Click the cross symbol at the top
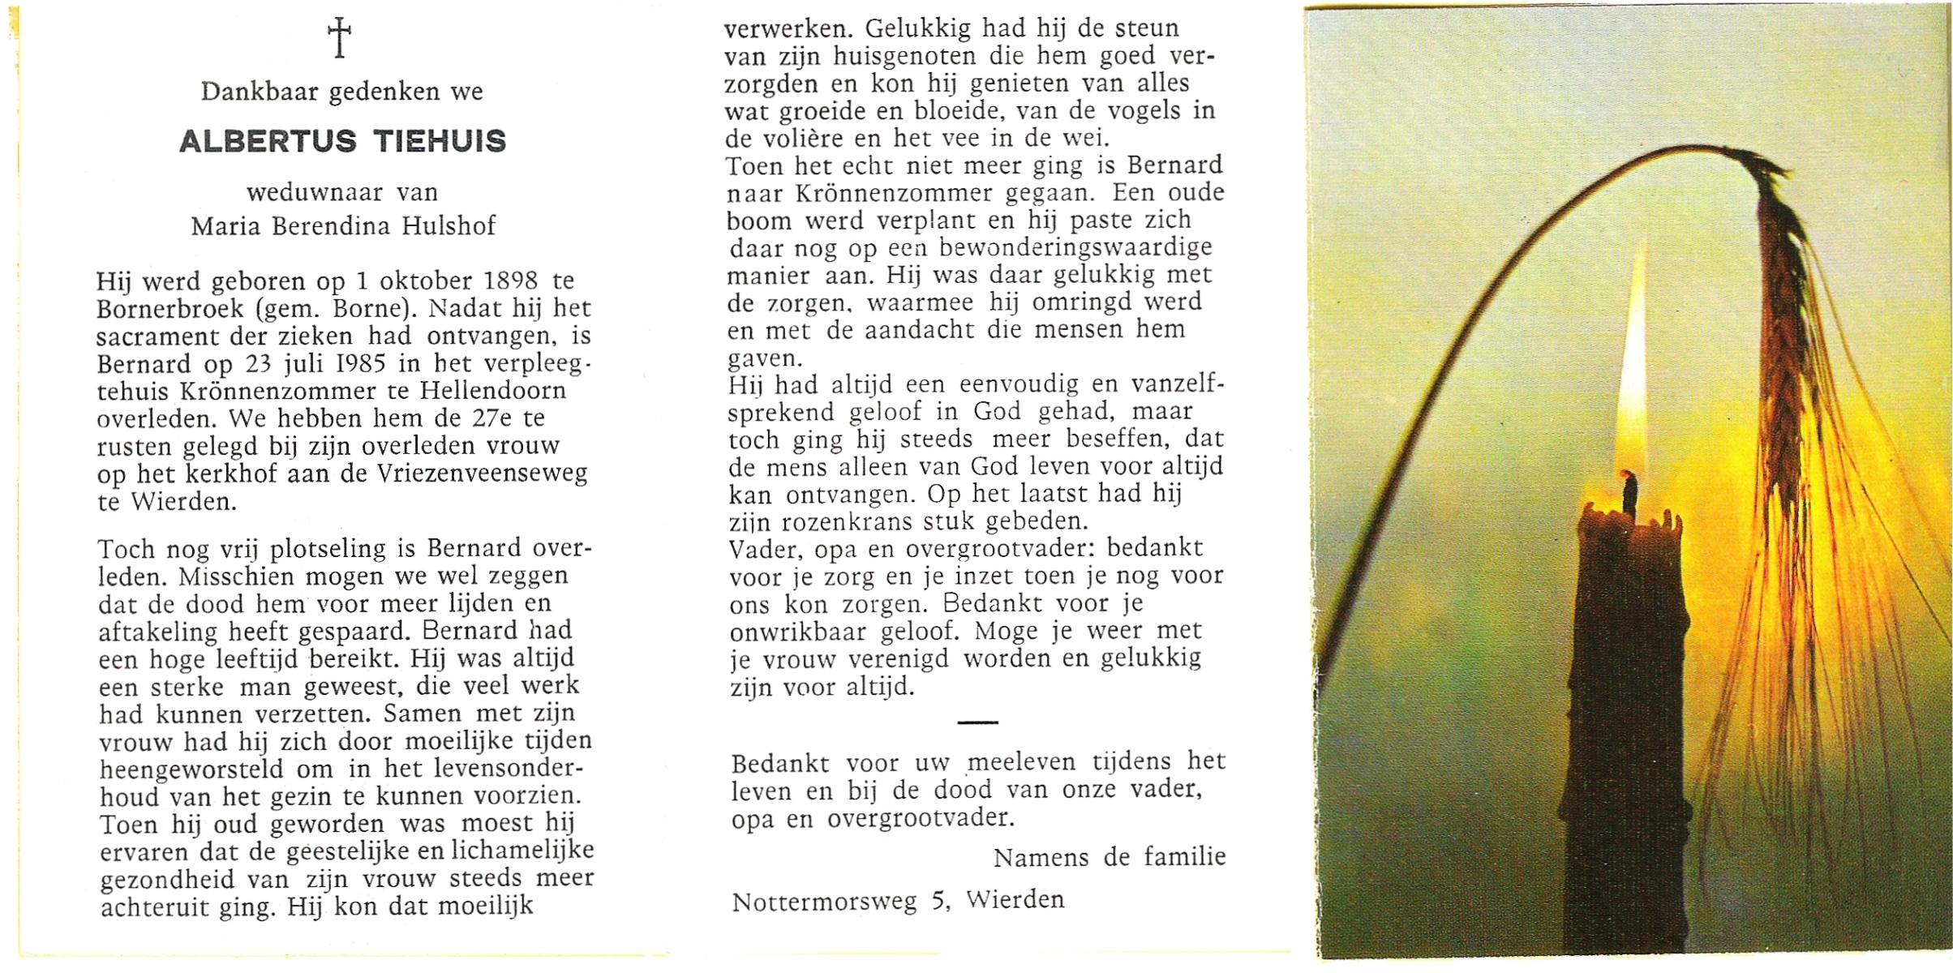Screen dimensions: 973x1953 [x=339, y=38]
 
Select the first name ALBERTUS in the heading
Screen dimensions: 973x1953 [x=268, y=142]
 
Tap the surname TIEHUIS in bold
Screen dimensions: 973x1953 [x=440, y=142]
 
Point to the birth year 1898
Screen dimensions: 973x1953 [x=510, y=281]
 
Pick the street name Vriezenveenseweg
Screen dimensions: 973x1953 [x=482, y=474]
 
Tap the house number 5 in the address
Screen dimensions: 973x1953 [x=940, y=901]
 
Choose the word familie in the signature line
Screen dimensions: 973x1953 [x=1184, y=857]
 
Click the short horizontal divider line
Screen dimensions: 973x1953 [x=977, y=722]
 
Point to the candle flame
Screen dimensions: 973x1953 [x=1632, y=373]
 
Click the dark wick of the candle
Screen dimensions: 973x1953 [x=1628, y=491]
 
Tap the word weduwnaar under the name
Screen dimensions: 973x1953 [x=315, y=193]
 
